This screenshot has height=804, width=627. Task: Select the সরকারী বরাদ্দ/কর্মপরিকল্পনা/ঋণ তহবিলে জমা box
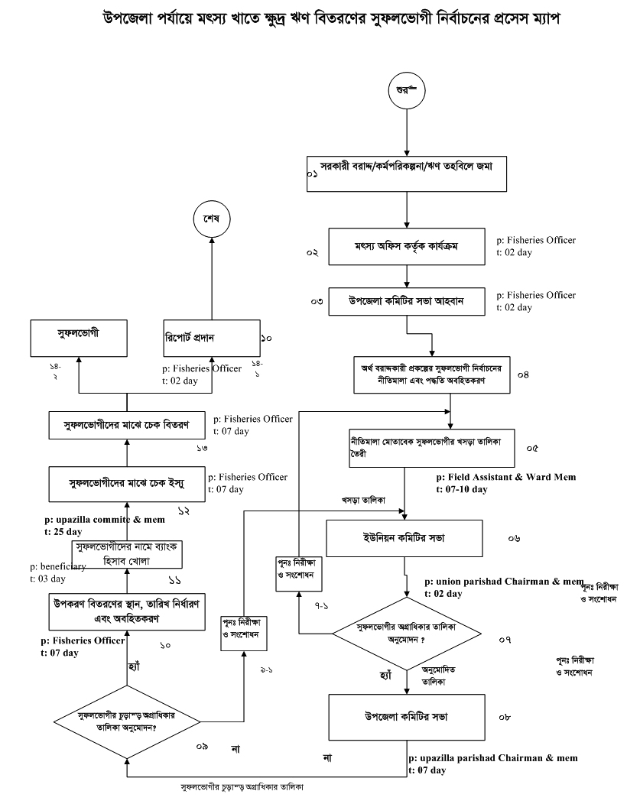(x=407, y=175)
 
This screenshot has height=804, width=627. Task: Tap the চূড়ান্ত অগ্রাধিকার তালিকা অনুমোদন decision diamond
(x=128, y=721)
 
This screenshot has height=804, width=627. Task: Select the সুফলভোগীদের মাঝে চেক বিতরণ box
(x=126, y=422)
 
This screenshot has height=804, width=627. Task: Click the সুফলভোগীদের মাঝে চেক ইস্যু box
(x=126, y=482)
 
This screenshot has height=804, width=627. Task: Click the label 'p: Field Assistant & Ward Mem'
(x=505, y=477)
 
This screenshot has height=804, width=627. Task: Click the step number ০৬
(x=514, y=539)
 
